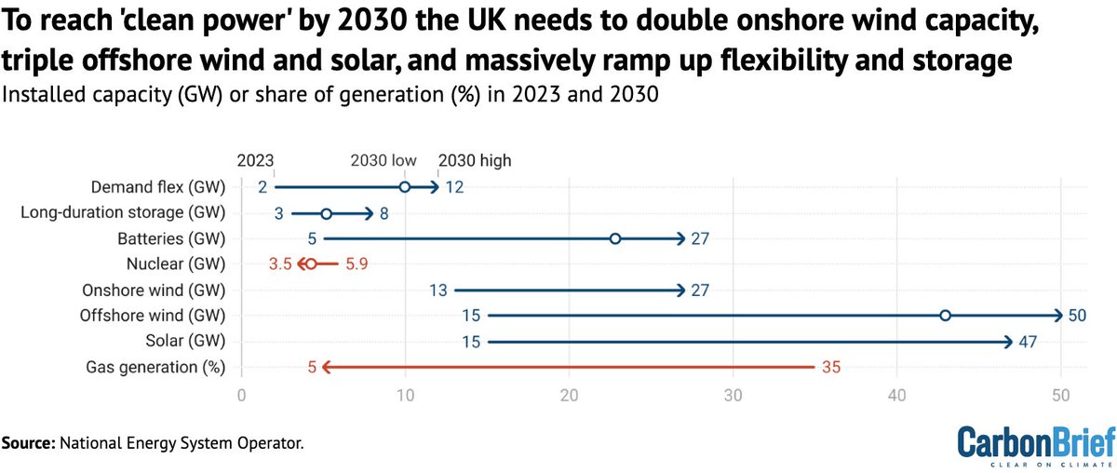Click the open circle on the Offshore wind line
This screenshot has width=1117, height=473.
945,316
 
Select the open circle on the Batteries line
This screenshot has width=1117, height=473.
615,238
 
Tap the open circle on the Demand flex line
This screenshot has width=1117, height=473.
405,187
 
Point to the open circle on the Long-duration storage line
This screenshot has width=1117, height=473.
326,213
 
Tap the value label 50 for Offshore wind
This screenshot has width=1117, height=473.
1077,316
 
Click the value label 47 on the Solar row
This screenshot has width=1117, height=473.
1028,342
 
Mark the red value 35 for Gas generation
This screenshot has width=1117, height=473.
830,367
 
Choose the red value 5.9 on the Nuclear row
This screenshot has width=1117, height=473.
357,264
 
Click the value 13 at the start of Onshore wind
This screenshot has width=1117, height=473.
438,291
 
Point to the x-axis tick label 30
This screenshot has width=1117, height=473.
733,396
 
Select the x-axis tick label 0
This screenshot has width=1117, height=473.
241,396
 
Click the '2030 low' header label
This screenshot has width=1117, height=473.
384,160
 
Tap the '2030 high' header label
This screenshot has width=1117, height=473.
475,160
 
